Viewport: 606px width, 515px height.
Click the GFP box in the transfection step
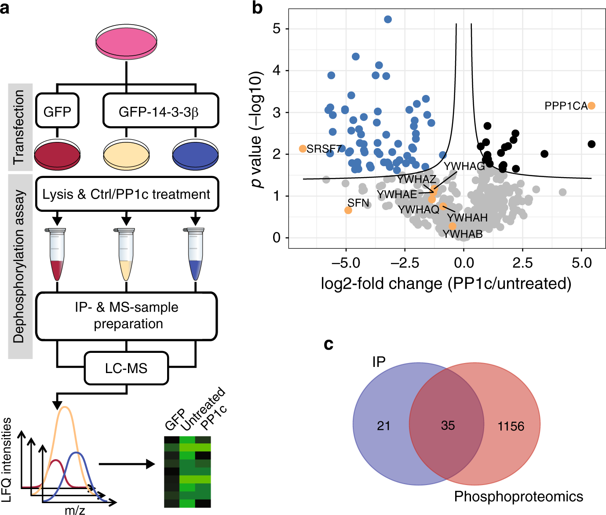tap(57, 111)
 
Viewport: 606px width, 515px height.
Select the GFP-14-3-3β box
tap(160, 111)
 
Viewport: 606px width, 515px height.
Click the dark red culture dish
tap(58, 155)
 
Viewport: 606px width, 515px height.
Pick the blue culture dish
tap(196, 155)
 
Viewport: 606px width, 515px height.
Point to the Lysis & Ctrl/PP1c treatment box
tap(127, 194)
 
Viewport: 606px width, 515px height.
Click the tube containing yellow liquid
tap(126, 255)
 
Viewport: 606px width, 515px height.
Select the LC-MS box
tap(126, 368)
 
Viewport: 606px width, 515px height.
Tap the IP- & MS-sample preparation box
tap(127, 316)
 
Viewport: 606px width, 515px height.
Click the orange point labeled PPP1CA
tap(591, 106)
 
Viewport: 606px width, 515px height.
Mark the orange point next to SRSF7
tap(303, 149)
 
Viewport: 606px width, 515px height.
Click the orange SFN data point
tap(348, 210)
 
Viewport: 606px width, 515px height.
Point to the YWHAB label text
tap(463, 234)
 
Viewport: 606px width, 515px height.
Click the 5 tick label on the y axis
tap(277, 29)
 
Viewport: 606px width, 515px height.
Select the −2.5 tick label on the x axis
tap(405, 263)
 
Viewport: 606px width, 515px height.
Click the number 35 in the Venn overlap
tap(448, 425)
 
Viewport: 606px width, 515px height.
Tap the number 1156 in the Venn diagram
tap(511, 426)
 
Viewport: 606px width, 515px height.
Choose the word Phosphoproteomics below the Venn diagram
tap(518, 497)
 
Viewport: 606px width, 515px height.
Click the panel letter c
tap(328, 344)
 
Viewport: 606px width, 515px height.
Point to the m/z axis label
tap(75, 510)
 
